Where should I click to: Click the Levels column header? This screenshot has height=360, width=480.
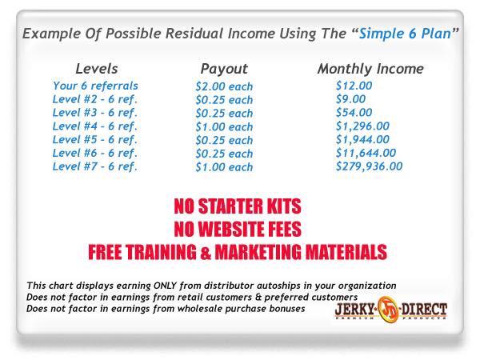[97, 69]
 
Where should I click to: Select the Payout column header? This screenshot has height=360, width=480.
[224, 69]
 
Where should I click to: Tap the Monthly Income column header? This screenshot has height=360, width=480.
[370, 69]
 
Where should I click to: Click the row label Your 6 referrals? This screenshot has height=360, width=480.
[95, 86]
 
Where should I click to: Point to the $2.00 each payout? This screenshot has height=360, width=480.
[223, 86]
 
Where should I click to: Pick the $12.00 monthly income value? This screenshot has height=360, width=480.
[354, 86]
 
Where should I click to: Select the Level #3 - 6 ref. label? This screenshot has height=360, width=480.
[95, 113]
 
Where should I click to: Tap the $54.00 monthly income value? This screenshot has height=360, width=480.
[354, 113]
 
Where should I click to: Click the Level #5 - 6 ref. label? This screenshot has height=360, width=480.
[95, 139]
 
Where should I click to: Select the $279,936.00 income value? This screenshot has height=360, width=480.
[369, 166]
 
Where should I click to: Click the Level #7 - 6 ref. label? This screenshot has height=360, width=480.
[95, 166]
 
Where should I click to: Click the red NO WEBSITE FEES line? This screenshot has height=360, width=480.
[238, 230]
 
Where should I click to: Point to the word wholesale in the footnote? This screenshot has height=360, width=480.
[210, 308]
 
